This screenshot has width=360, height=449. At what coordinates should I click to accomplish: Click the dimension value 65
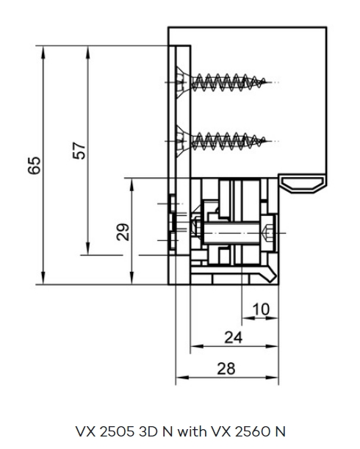[34, 165]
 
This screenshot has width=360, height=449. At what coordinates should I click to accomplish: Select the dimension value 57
[79, 151]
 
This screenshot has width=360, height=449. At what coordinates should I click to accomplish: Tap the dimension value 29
[123, 232]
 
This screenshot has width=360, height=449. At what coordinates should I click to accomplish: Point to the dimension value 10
[261, 309]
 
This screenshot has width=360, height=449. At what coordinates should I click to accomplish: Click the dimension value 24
[234, 337]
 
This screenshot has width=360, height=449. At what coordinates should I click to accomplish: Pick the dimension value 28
[226, 369]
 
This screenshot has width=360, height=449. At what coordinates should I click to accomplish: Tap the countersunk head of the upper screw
[183, 82]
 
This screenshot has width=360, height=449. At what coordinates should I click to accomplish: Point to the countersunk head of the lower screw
[183, 141]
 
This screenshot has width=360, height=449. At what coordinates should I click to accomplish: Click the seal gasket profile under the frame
[303, 184]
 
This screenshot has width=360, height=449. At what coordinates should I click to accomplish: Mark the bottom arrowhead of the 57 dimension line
[87, 248]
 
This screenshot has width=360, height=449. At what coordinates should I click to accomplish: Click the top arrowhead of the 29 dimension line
[132, 185]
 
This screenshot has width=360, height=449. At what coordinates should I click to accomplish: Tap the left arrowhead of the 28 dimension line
[182, 378]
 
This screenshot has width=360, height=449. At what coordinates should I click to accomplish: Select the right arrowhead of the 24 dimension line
[272, 346]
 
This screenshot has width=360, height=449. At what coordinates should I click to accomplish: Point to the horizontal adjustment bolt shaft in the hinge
[232, 233]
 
